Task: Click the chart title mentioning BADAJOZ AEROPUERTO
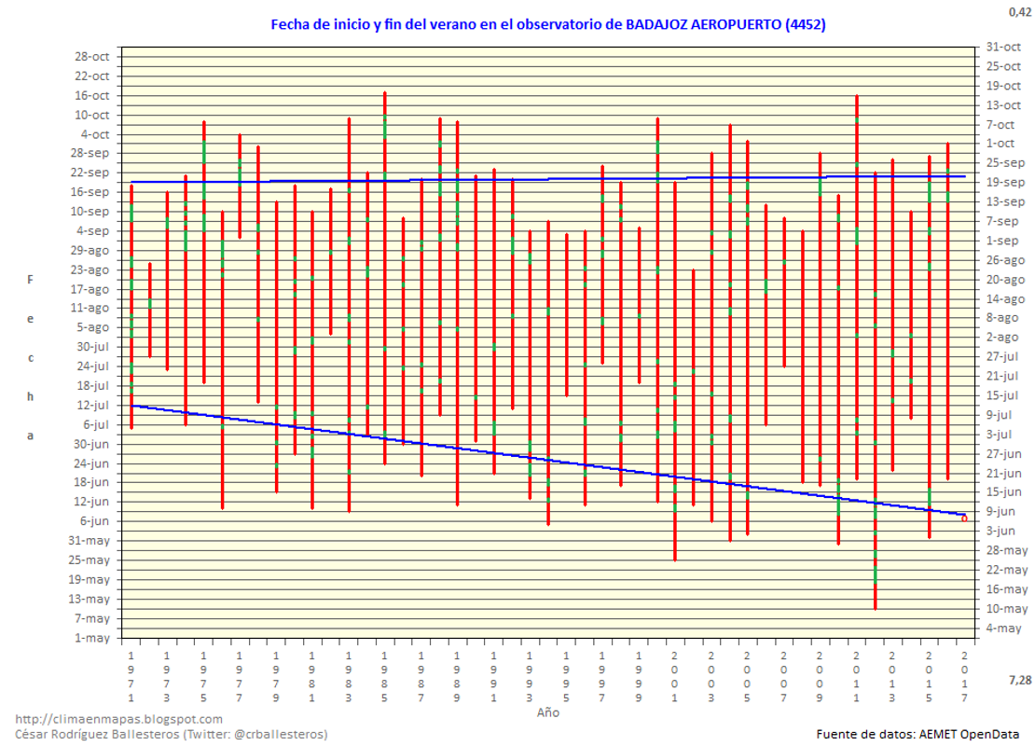click(x=547, y=24)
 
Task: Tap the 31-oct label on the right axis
click(x=1000, y=47)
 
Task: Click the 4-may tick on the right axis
click(x=1000, y=628)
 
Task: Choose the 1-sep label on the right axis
click(x=1000, y=241)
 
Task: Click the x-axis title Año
click(x=548, y=711)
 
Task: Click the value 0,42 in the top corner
click(x=1019, y=12)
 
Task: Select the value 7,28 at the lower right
click(x=1019, y=680)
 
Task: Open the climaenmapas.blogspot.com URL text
click(x=119, y=719)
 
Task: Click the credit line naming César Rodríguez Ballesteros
click(x=172, y=734)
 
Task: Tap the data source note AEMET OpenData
click(x=918, y=734)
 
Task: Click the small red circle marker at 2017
click(x=965, y=518)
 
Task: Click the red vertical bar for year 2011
click(x=857, y=280)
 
